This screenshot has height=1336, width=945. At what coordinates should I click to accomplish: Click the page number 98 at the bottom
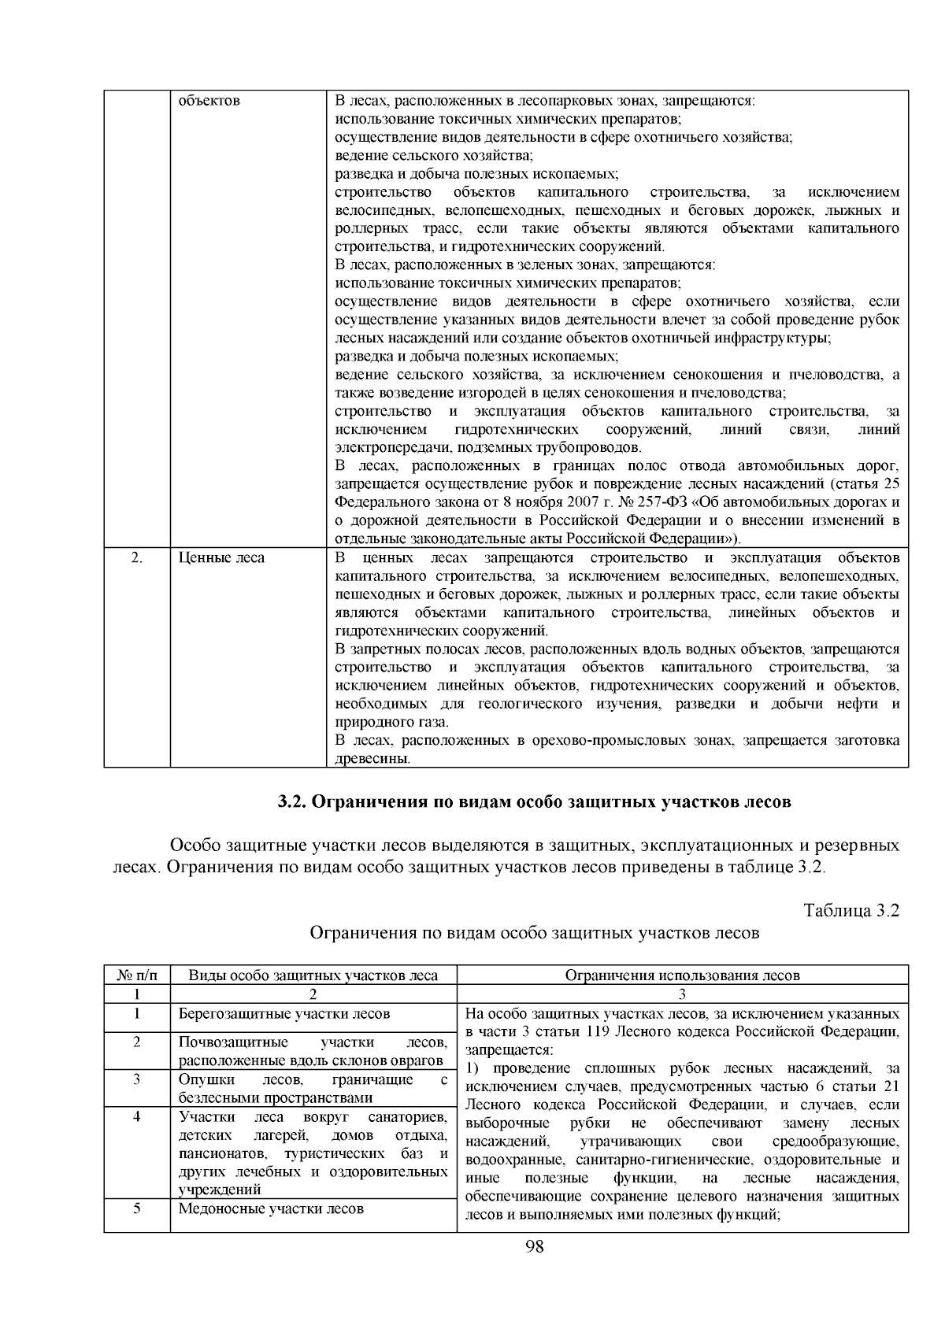coord(535,1246)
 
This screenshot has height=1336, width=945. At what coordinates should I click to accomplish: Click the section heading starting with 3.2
coord(533,802)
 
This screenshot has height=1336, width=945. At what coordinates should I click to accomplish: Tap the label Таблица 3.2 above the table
coord(851,911)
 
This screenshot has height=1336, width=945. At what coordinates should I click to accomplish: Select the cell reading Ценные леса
coord(221,558)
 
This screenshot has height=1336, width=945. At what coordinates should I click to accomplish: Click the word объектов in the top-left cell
coord(209,102)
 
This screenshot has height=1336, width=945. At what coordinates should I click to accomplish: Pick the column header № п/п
coord(137,975)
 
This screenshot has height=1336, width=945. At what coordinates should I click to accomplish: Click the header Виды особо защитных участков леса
coord(313,975)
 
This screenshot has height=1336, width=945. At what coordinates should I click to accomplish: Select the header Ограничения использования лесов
coord(682,975)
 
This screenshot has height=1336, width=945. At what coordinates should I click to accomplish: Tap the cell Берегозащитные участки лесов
coord(284,1014)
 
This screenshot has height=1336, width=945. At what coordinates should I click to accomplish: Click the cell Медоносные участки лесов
coord(271,1208)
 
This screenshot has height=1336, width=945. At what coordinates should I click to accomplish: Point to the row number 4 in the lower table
coord(137,1116)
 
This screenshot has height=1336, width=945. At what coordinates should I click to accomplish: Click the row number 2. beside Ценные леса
coord(137,558)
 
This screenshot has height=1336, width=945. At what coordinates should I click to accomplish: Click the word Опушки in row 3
coord(202,1079)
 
